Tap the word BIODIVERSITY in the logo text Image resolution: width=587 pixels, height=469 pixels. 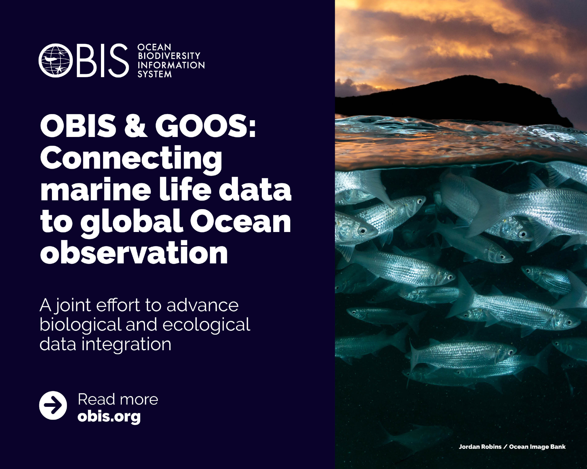pyautogui.click(x=169, y=56)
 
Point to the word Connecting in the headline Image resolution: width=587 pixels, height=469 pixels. pyautogui.click(x=131, y=158)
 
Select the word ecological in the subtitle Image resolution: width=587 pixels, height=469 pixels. pyautogui.click(x=206, y=325)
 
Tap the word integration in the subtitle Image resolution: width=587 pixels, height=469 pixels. pyautogui.click(x=126, y=344)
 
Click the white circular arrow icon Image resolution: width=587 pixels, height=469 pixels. pyautogui.click(x=53, y=405)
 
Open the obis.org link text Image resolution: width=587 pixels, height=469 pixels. pyautogui.click(x=109, y=416)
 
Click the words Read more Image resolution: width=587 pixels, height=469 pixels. pyautogui.click(x=118, y=399)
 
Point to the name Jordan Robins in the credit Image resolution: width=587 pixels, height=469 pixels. pyautogui.click(x=480, y=447)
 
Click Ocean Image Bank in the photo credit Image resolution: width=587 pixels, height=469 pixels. pyautogui.click(x=537, y=447)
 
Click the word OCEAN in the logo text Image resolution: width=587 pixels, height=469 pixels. pyautogui.click(x=154, y=47)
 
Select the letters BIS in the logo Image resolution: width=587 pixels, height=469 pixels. pyautogui.click(x=103, y=60)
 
